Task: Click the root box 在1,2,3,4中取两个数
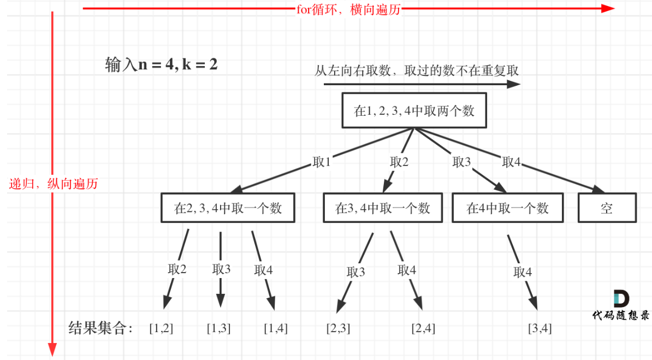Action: click(x=414, y=111)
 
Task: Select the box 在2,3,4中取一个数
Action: click(x=228, y=208)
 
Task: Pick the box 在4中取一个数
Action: click(x=508, y=208)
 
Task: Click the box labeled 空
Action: click(x=607, y=208)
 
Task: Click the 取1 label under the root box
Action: click(x=322, y=162)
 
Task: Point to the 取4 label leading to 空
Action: click(x=512, y=162)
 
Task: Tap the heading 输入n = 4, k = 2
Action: click(x=162, y=64)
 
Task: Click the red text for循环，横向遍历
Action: click(x=348, y=9)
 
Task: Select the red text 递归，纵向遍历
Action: click(x=54, y=184)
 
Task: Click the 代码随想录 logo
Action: click(x=621, y=306)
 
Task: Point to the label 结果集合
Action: click(x=100, y=328)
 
